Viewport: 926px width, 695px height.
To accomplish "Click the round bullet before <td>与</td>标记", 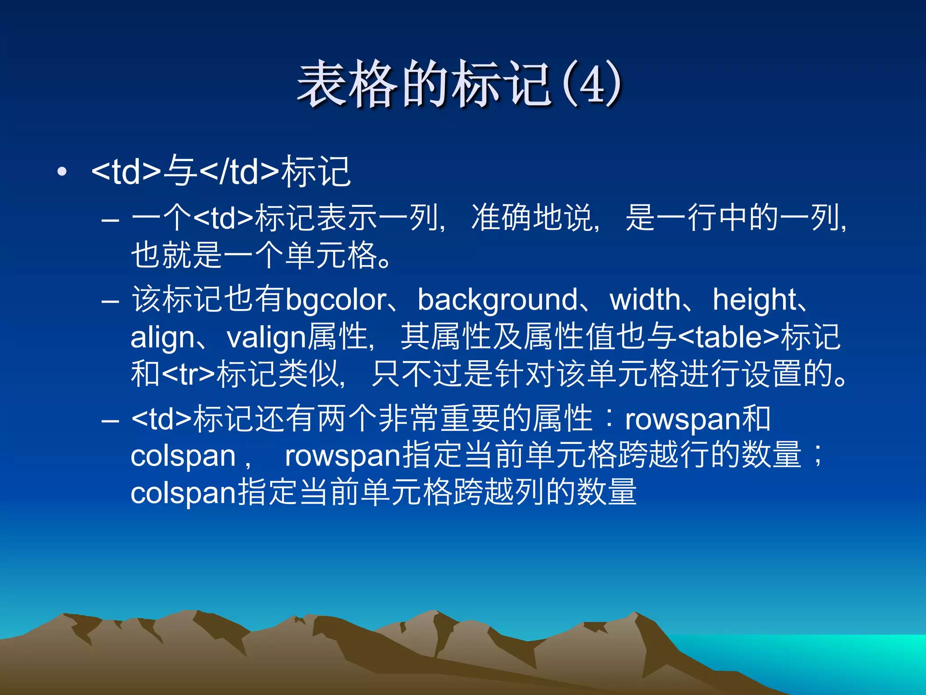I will pyautogui.click(x=62, y=172).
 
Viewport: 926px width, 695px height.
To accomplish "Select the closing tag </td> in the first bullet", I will pyautogui.click(x=239, y=172).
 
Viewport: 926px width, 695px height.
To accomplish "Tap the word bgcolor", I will pyautogui.click(x=336, y=300).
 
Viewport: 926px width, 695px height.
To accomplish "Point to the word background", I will pyautogui.click(x=497, y=300).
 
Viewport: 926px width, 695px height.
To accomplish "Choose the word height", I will pyautogui.click(x=754, y=300).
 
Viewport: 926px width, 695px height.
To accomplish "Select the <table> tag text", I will pyautogui.click(x=729, y=338).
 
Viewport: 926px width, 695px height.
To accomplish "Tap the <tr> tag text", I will pyautogui.click(x=189, y=375).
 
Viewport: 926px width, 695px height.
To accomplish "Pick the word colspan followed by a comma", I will pyautogui.click(x=183, y=456).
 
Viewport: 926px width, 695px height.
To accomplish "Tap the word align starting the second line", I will pyautogui.click(x=162, y=338).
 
